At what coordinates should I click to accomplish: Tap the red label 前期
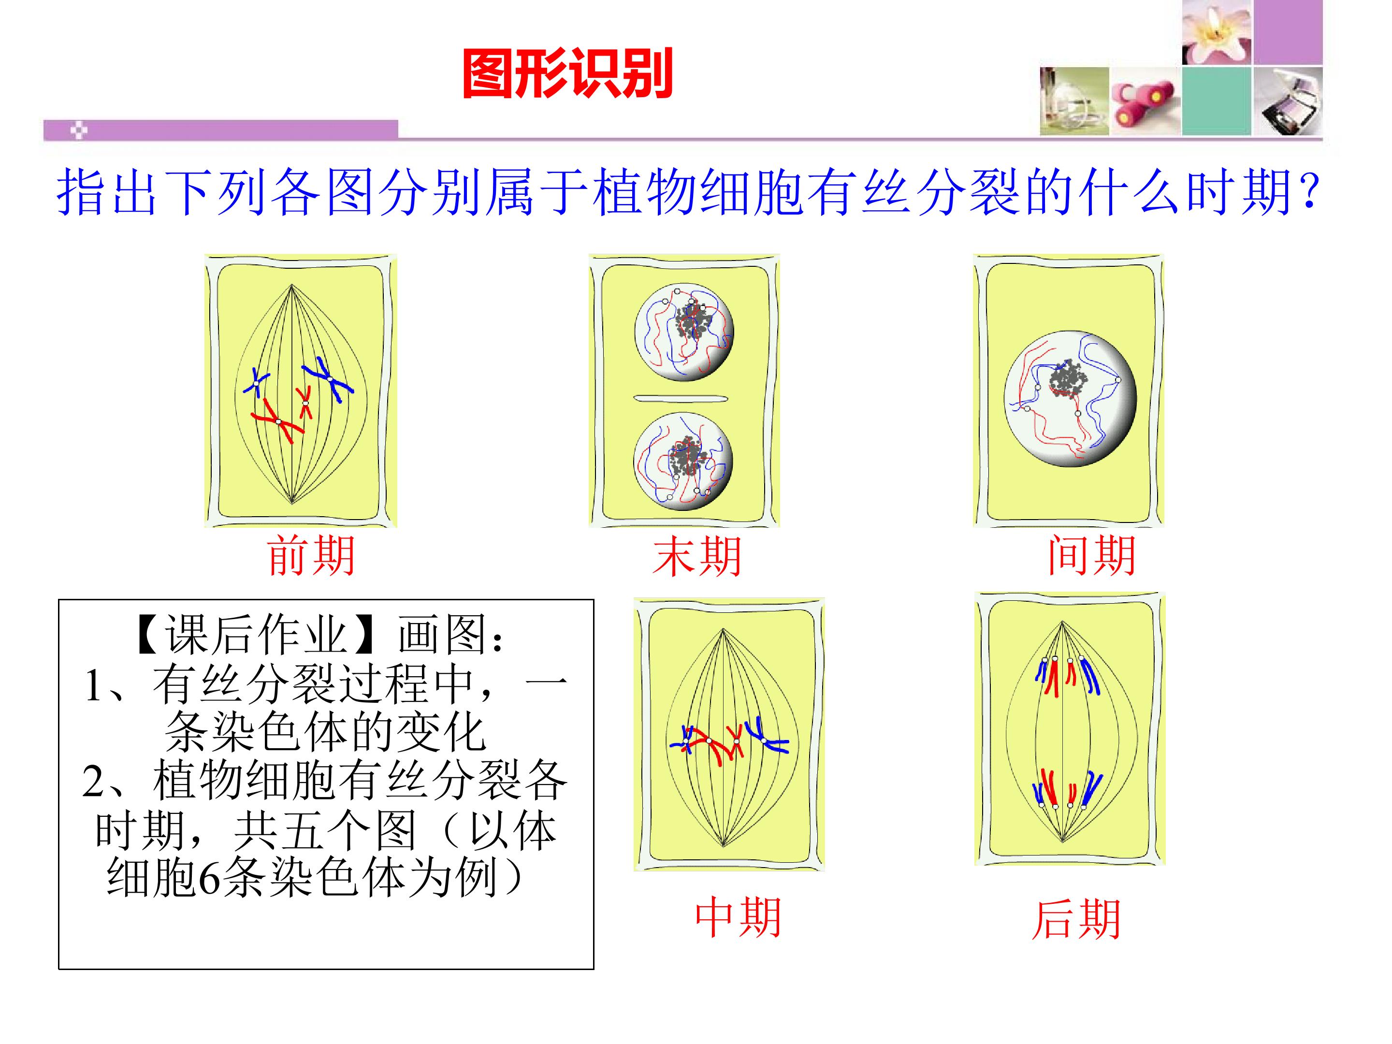pyautogui.click(x=311, y=556)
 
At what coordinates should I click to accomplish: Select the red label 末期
pyautogui.click(x=696, y=556)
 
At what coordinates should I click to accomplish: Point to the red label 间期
pyautogui.click(x=1092, y=556)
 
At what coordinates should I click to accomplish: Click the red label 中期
pyautogui.click(x=738, y=918)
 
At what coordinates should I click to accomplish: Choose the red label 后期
pyautogui.click(x=1076, y=919)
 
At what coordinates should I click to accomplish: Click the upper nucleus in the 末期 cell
pyautogui.click(x=684, y=332)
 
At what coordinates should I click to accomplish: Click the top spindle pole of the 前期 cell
pyautogui.click(x=291, y=286)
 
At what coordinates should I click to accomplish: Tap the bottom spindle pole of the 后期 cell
pyautogui.click(x=1062, y=841)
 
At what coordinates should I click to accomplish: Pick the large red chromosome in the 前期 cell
pyautogui.click(x=277, y=421)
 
